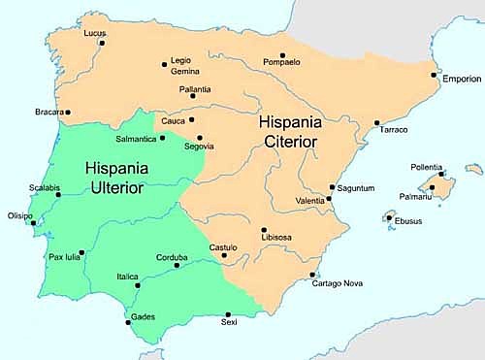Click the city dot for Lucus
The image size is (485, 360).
click(x=101, y=42)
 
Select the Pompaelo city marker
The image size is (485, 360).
click(x=282, y=55)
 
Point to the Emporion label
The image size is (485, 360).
click(x=461, y=79)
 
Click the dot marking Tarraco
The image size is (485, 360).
click(x=376, y=122)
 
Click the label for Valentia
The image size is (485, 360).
click(x=311, y=202)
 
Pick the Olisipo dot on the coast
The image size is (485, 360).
click(x=35, y=222)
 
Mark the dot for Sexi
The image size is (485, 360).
click(x=228, y=314)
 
